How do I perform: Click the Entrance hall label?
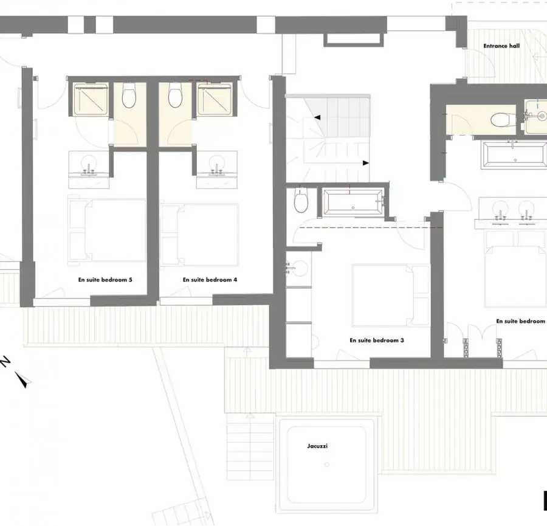501,46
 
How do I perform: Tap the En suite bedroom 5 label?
105,280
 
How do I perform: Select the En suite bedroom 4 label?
210,280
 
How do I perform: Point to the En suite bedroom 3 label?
377,341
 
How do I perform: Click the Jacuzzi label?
317,446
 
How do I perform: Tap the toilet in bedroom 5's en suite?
129,95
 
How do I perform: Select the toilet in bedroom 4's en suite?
175,95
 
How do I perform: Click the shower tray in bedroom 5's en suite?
91,100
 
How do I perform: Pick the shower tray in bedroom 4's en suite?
214,100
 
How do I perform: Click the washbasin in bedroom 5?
89,165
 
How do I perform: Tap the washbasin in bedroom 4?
216,165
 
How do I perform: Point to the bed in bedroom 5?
107,230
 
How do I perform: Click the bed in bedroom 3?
391,296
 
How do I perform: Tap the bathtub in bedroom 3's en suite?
353,202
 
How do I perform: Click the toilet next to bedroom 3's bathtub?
301,200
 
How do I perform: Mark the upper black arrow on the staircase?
317,117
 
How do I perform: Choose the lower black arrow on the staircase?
366,163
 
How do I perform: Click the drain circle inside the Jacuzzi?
327,465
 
